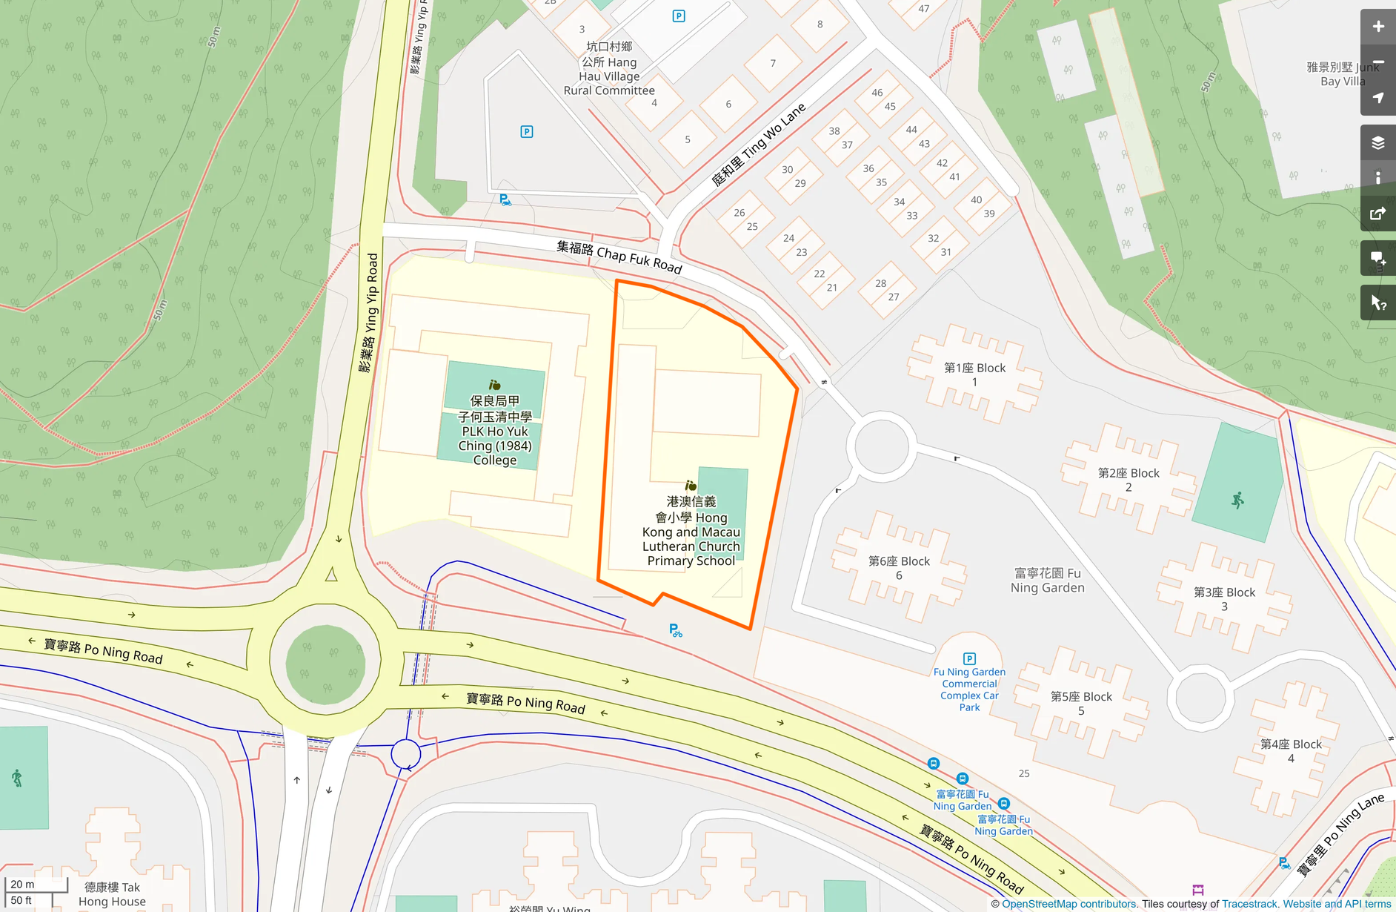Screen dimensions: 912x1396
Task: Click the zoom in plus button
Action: coord(1377,27)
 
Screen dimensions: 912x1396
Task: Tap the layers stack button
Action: coord(1377,143)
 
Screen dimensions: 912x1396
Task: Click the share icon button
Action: coord(1377,214)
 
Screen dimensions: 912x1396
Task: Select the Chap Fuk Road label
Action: coord(619,256)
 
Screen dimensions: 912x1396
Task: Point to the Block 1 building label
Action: coord(974,374)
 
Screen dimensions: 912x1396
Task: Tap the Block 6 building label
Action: coord(899,568)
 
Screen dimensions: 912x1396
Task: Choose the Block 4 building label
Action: coord(1291,750)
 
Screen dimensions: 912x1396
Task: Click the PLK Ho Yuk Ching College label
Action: coord(495,431)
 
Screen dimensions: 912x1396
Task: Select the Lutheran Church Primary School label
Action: coord(691,532)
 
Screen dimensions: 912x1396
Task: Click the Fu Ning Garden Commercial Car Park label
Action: coord(969,689)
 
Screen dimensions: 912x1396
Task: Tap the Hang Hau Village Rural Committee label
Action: coord(609,69)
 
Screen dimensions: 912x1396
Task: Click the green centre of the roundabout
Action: coord(325,664)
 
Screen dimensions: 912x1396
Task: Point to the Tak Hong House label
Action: coord(112,894)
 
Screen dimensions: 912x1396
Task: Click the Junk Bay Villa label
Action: coord(1342,74)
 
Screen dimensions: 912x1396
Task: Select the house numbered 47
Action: coord(923,9)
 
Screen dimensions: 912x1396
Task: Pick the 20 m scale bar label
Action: coord(23,884)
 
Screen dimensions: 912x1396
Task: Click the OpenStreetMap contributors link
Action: coord(1068,904)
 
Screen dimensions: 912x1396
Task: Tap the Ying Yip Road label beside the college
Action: coord(368,312)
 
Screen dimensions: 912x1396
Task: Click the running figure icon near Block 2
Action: coord(1237,500)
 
